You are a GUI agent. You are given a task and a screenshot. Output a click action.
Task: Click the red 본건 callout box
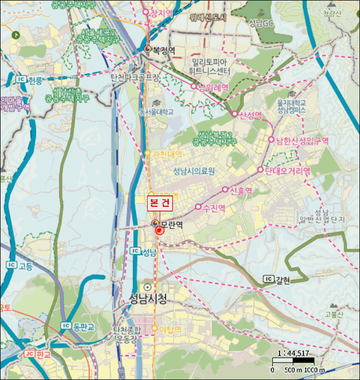[160, 204]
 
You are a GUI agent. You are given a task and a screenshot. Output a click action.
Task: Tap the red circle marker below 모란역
[159, 231]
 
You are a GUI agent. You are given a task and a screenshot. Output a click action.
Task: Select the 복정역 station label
[163, 50]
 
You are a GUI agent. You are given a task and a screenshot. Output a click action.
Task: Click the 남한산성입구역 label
[302, 140]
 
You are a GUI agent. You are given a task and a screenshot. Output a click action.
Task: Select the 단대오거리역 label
[288, 170]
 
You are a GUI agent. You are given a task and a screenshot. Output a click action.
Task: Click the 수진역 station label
[213, 207]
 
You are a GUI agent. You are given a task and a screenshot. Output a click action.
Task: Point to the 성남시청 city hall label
[148, 299]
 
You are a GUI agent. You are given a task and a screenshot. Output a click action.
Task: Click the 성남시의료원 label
[194, 172]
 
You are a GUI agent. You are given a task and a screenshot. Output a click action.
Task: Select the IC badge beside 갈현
[268, 279]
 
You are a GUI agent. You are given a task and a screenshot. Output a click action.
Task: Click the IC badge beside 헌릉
[22, 80]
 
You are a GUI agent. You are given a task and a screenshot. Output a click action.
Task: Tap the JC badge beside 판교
[29, 354]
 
